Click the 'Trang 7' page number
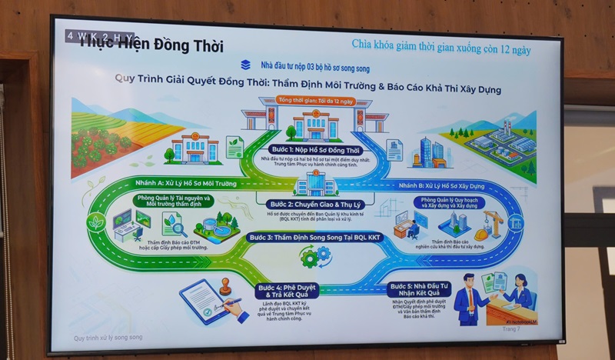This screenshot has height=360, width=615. pyautogui.click(x=511, y=328)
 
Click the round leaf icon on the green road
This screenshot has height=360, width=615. pyautogui.click(x=97, y=224)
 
